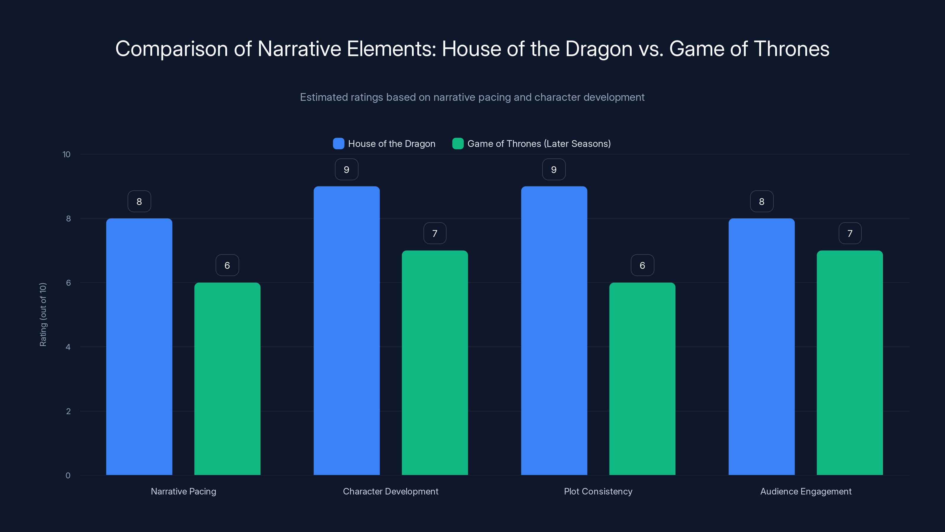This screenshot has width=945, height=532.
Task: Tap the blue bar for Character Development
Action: point(346,330)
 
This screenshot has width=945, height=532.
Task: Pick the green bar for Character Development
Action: point(435,362)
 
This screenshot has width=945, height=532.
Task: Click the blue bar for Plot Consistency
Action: point(554,330)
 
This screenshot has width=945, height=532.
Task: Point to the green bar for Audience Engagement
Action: point(850,362)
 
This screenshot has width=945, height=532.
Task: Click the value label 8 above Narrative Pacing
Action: point(139,201)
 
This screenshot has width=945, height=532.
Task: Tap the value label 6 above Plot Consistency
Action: point(642,265)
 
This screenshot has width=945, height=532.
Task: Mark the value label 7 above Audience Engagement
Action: point(850,233)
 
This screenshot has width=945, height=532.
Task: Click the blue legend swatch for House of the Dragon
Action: point(338,144)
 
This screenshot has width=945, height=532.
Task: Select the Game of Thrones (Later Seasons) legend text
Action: point(539,144)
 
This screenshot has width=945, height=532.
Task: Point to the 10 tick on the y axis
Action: point(66,154)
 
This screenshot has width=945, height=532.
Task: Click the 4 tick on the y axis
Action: point(68,347)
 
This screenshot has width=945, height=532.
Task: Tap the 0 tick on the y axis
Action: point(68,476)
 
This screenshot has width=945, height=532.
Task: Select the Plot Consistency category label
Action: point(598,491)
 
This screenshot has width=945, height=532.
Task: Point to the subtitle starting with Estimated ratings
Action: point(472,97)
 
